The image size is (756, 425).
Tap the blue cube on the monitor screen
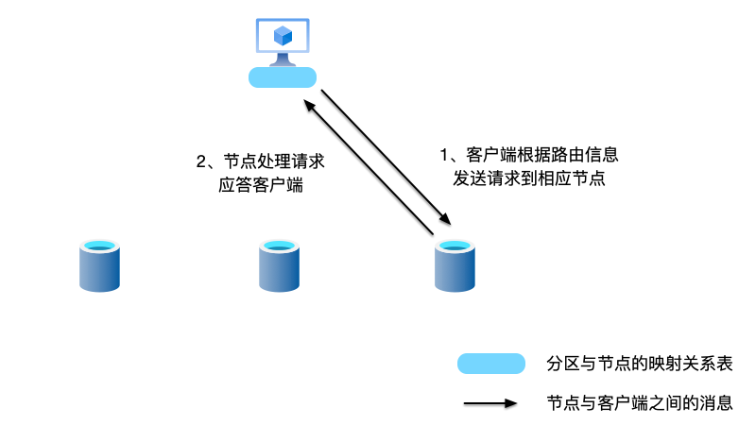[x=282, y=36]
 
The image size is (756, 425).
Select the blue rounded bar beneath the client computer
[x=282, y=77]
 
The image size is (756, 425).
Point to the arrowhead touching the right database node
[x=446, y=219]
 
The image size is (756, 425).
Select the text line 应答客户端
[x=260, y=185]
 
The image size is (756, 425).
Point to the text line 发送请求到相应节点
[x=529, y=178]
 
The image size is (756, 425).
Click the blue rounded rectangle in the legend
[x=490, y=364]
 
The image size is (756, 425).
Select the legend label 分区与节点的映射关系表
[x=640, y=364]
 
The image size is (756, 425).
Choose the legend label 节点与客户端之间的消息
[x=640, y=403]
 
